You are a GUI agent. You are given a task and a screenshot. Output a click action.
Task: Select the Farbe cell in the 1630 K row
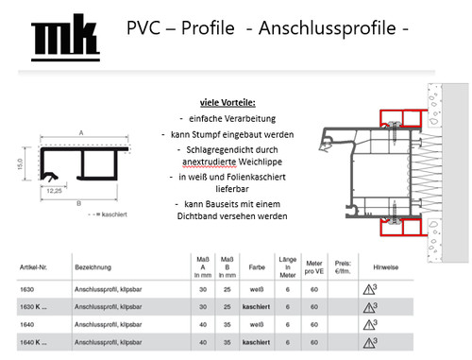(251, 308)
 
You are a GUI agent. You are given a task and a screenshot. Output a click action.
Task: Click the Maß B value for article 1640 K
(226, 341)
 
